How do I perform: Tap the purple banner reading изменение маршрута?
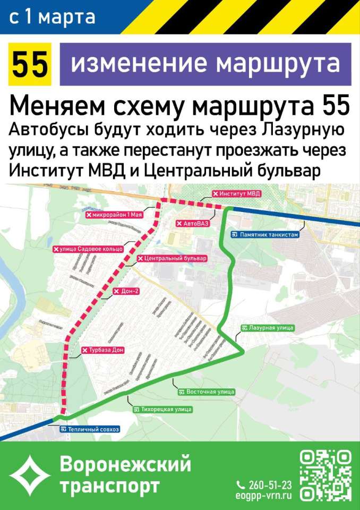point(205,64)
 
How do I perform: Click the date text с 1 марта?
point(52,17)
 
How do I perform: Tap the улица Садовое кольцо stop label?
point(88,249)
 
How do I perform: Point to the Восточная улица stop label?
point(207,392)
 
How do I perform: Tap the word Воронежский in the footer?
point(125,464)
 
